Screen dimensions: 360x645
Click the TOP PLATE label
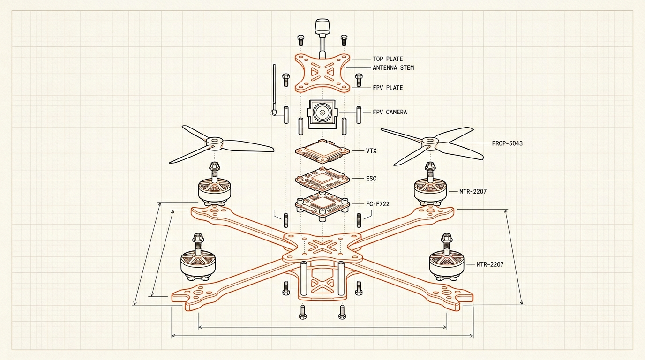coord(388,59)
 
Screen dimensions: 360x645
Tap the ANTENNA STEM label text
coord(393,68)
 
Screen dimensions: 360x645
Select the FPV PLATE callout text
coord(388,88)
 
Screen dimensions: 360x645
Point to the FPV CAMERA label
coord(390,112)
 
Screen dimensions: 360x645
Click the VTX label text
coord(371,151)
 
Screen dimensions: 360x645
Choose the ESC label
coord(371,179)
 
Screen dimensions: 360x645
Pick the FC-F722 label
coord(377,204)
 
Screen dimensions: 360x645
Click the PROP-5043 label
coord(507,143)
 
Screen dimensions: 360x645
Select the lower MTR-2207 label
coord(490,264)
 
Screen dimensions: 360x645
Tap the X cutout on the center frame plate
coord(322,246)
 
